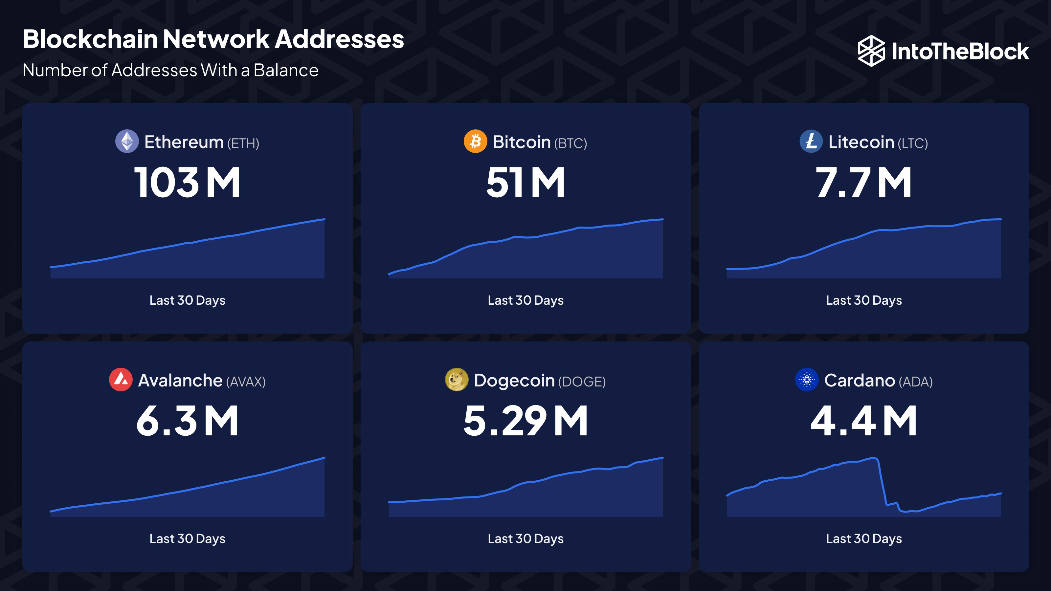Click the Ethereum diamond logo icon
(x=127, y=142)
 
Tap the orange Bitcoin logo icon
(x=475, y=142)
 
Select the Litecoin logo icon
(x=811, y=142)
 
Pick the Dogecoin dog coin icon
(x=457, y=380)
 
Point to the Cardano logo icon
(x=807, y=380)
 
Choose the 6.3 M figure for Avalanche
(x=187, y=421)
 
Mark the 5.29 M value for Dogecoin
(x=525, y=421)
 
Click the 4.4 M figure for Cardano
(x=863, y=421)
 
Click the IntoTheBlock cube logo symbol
(x=871, y=51)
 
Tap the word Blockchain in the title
(x=90, y=39)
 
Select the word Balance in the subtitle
(x=286, y=71)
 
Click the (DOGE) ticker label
(x=582, y=382)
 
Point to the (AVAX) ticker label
(x=246, y=382)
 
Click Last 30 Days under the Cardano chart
(x=864, y=539)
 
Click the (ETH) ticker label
(x=243, y=143)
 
